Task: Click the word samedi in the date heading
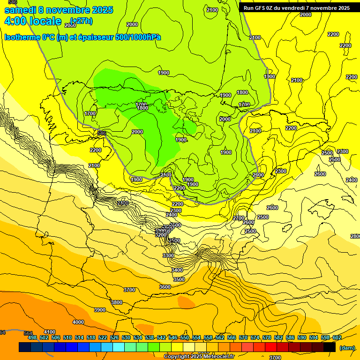pos(20,10)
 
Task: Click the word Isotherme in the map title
pos(22,37)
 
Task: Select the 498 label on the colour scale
pos(32,337)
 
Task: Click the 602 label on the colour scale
pos(337,337)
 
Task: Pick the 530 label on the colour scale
pos(126,337)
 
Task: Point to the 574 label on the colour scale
pos(255,337)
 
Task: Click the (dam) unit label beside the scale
pos(346,348)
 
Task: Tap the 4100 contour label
pos(49,332)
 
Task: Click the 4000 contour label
pos(78,322)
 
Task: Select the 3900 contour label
pos(100,310)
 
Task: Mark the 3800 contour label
pos(117,302)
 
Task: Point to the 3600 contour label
pos(165,287)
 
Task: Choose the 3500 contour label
pos(179,279)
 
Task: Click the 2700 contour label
pos(239,218)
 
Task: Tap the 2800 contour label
pos(355,236)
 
